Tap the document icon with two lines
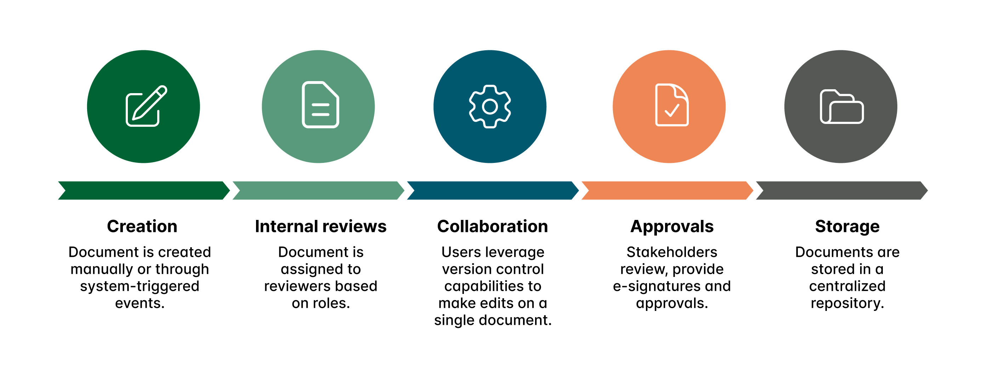(x=320, y=104)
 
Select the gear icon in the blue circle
(x=490, y=106)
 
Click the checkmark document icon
(x=671, y=105)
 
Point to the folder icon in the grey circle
(x=841, y=107)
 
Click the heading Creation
(x=142, y=226)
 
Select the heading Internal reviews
(x=320, y=226)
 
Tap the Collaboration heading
(x=493, y=226)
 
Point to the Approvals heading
(x=672, y=226)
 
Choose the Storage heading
(x=847, y=226)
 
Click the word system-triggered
(x=140, y=286)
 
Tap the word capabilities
(x=482, y=286)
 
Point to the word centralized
(x=847, y=286)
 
